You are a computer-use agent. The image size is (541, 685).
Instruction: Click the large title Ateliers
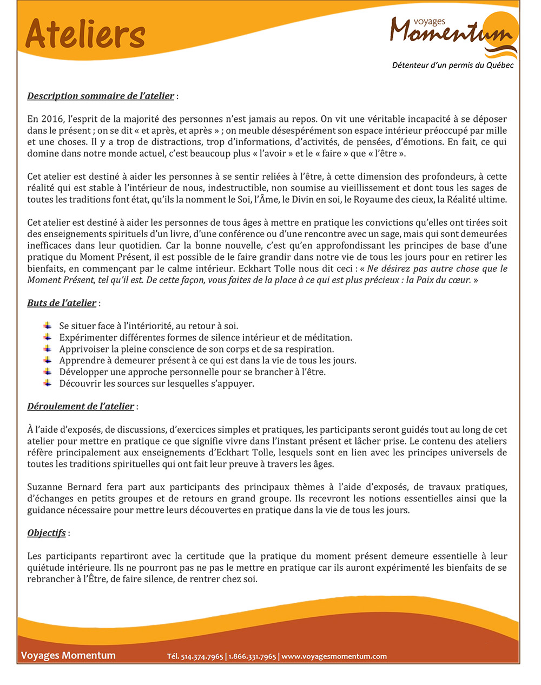point(85,34)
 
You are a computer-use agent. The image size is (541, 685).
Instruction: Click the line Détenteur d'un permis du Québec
point(452,66)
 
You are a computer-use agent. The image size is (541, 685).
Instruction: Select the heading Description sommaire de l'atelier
point(101,96)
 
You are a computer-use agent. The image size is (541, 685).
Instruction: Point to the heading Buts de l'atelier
point(62,303)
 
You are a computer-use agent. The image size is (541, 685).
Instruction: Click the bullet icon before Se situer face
point(48,326)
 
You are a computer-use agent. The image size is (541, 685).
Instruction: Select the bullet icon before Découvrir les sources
point(48,383)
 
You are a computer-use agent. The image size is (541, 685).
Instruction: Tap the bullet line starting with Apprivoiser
point(196,349)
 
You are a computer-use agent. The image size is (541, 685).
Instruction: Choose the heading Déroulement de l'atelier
point(81,407)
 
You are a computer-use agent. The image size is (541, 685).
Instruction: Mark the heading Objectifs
point(47,533)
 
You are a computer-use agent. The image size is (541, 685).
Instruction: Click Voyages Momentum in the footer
point(68,656)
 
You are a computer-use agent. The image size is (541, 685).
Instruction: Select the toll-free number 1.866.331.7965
point(252,657)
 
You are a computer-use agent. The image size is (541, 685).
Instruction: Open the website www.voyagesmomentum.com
point(334,657)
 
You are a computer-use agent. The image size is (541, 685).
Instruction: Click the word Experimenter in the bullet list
point(87,338)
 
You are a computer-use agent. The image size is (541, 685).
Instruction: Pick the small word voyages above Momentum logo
point(429,22)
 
